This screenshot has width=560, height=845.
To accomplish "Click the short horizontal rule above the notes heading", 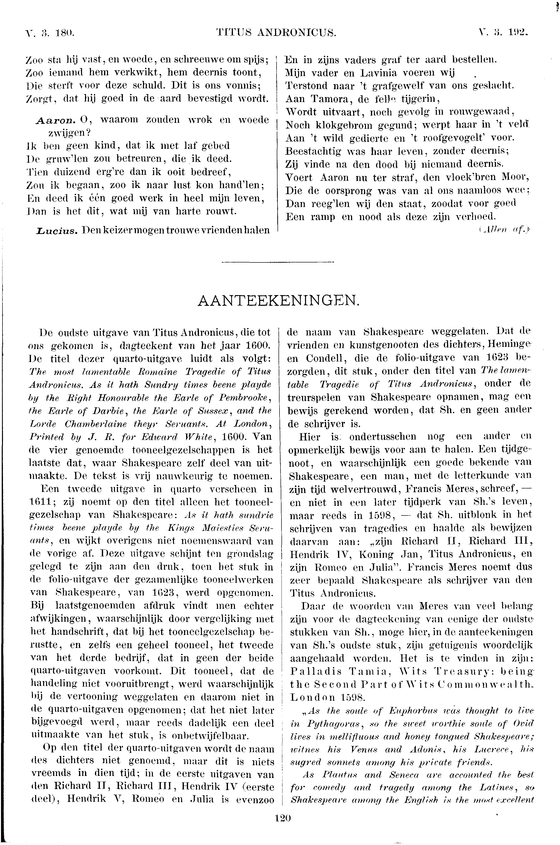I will click(278, 263).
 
